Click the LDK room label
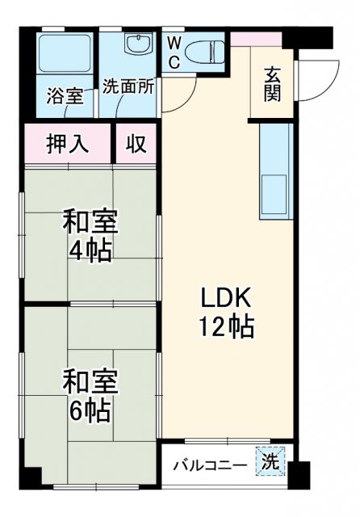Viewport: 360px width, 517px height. (x=228, y=300)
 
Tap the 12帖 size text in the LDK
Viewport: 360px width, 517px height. (x=228, y=327)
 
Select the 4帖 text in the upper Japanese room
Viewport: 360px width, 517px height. (x=90, y=248)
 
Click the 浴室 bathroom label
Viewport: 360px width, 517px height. (x=65, y=96)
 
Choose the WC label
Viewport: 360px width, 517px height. (x=174, y=53)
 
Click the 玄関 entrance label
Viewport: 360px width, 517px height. (x=271, y=83)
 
